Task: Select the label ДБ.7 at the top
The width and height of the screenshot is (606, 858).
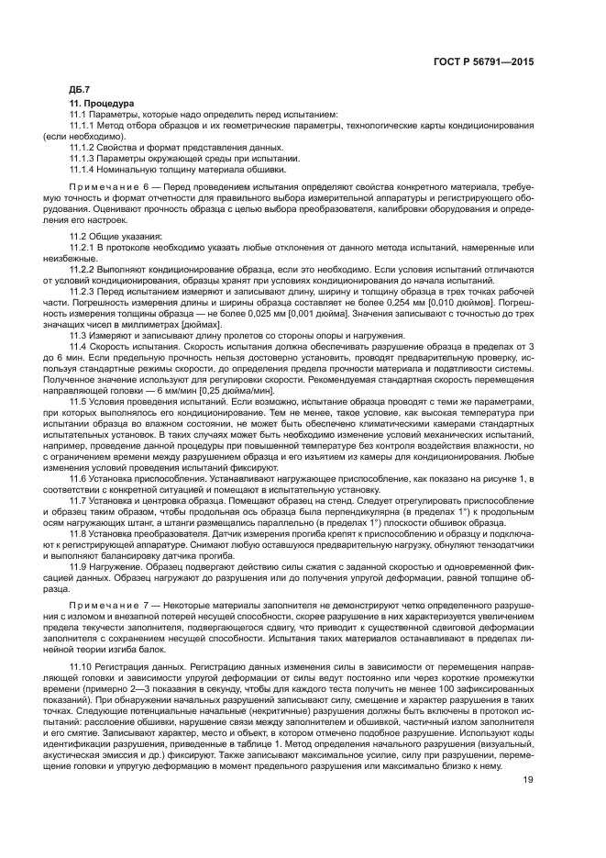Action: pyautogui.click(x=80, y=91)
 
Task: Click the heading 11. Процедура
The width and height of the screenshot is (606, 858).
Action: pyautogui.click(x=104, y=105)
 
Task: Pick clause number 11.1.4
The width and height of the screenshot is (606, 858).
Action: pyautogui.click(x=84, y=168)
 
